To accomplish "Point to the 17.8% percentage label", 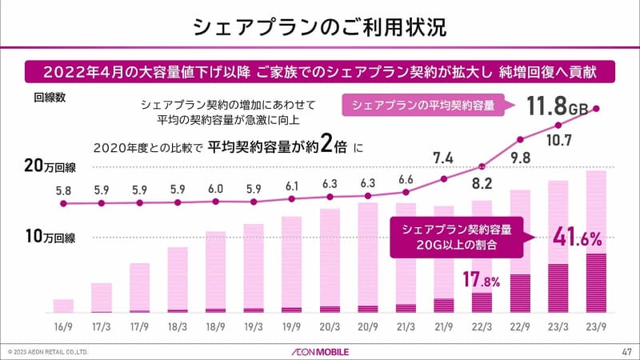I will tap(479, 280).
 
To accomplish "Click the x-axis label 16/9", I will tap(63, 326).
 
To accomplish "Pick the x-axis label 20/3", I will tap(330, 326).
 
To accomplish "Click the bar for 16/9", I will tap(63, 306).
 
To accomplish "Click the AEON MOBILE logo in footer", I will tap(319, 351).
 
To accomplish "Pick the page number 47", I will tap(626, 351).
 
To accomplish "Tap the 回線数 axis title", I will tap(50, 98).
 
